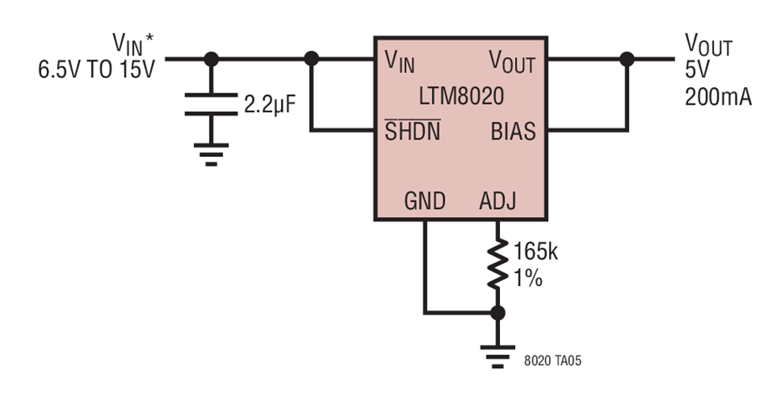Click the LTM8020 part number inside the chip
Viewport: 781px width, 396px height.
click(x=461, y=97)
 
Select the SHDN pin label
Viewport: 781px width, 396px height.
click(x=412, y=131)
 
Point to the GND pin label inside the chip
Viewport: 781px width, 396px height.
click(x=425, y=201)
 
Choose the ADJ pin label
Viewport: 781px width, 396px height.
click(x=498, y=201)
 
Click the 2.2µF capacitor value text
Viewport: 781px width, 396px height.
click(x=269, y=105)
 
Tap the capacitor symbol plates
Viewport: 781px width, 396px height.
click(x=210, y=104)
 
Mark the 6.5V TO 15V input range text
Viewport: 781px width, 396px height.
click(x=97, y=70)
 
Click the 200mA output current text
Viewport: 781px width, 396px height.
click(x=718, y=97)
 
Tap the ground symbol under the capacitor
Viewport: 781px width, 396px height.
click(x=210, y=153)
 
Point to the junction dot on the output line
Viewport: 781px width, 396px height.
click(x=627, y=58)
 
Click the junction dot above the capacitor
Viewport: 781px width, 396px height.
click(x=210, y=58)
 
